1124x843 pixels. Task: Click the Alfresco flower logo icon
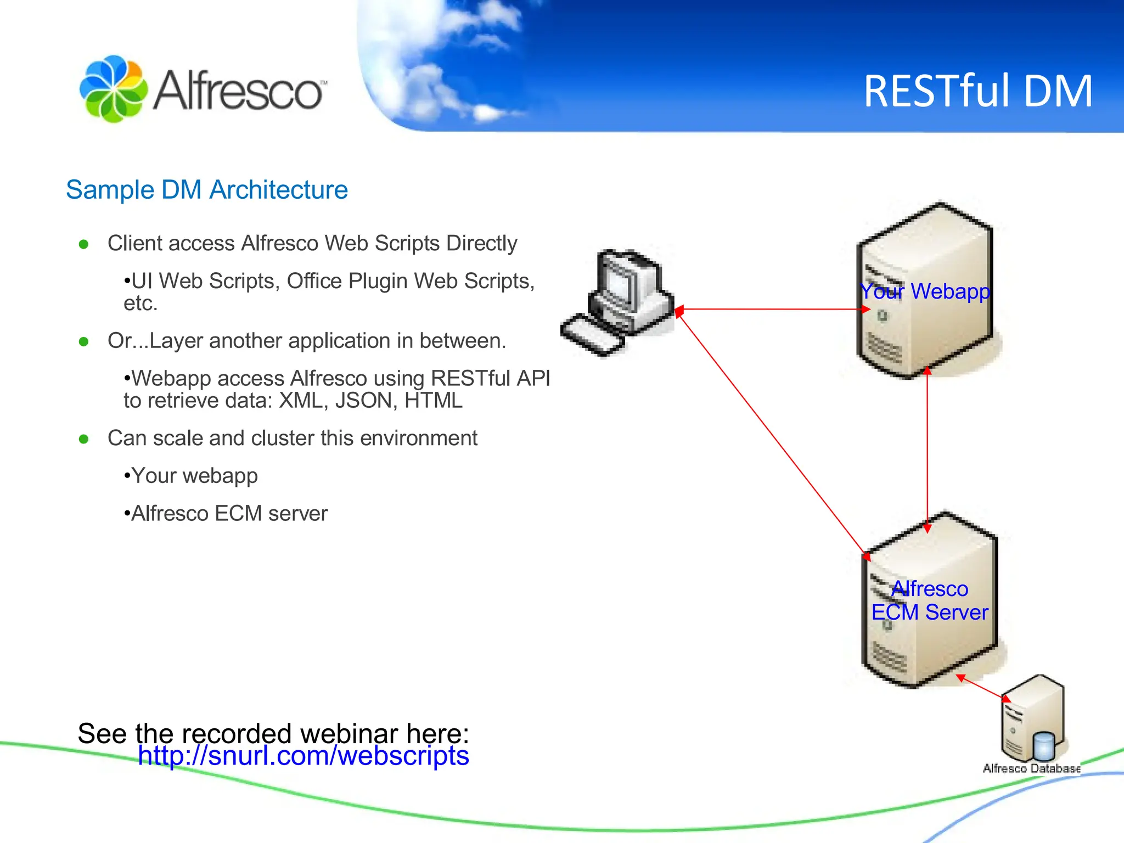[x=113, y=88]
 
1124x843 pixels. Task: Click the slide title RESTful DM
[x=977, y=91]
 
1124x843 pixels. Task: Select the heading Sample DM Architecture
[x=206, y=190]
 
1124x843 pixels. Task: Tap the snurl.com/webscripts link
[x=303, y=756]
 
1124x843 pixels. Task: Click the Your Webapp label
[x=925, y=291]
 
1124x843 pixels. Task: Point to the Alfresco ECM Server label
[x=930, y=600]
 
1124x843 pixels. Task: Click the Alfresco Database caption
[x=1031, y=768]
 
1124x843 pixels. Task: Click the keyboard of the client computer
[x=592, y=334]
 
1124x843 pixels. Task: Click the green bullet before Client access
[x=83, y=244]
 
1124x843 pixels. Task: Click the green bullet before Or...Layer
[x=83, y=342]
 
